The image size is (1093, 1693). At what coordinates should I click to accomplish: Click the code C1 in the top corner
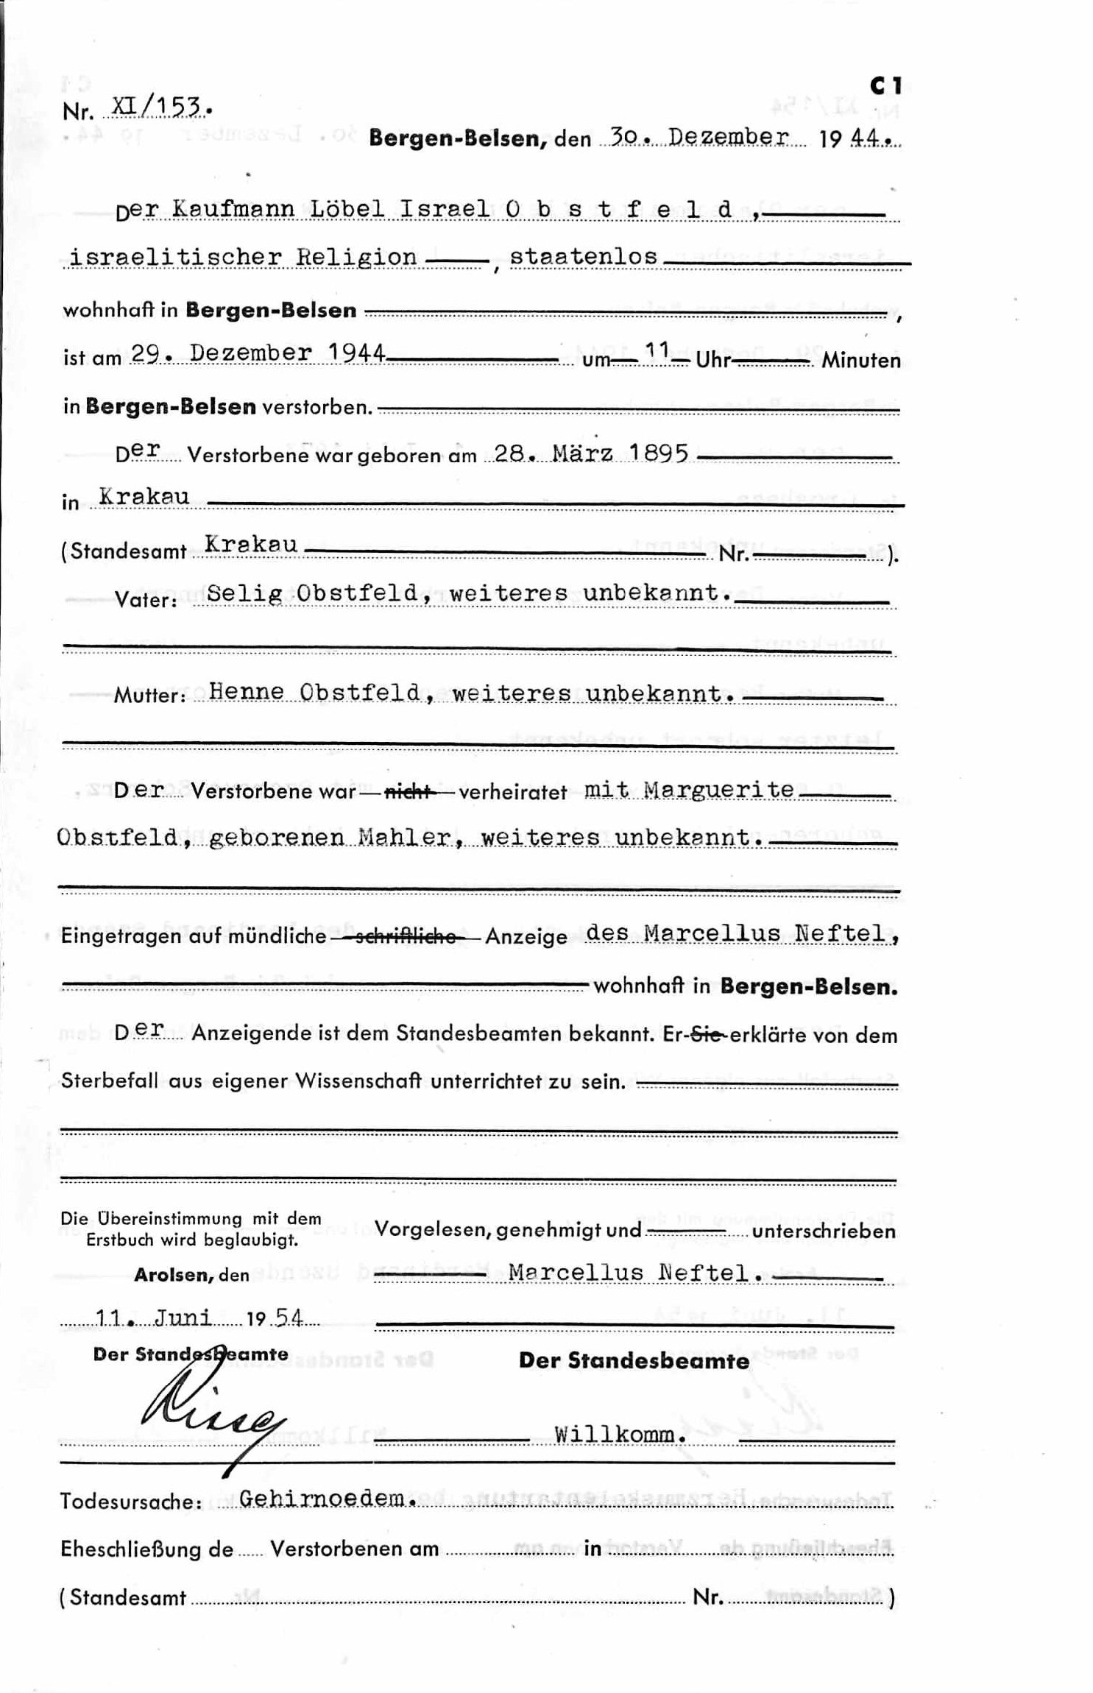[x=885, y=87]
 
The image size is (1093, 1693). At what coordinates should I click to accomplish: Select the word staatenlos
[x=583, y=256]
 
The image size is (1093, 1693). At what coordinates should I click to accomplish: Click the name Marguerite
[x=718, y=790]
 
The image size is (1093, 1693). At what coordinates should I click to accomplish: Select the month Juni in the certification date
[x=183, y=1317]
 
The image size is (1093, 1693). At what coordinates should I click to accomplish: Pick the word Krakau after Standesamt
[x=251, y=545]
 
